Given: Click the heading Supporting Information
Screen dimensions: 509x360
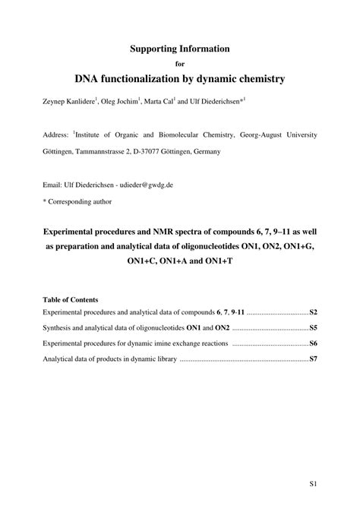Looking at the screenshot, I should (x=179, y=48).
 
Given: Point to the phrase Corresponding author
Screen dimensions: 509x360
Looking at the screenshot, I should (x=81, y=201).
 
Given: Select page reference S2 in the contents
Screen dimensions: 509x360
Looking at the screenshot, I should (x=312, y=312).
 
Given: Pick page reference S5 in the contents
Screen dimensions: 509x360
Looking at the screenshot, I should (x=312, y=328).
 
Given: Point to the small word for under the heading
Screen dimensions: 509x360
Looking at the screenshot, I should (x=179, y=63).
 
